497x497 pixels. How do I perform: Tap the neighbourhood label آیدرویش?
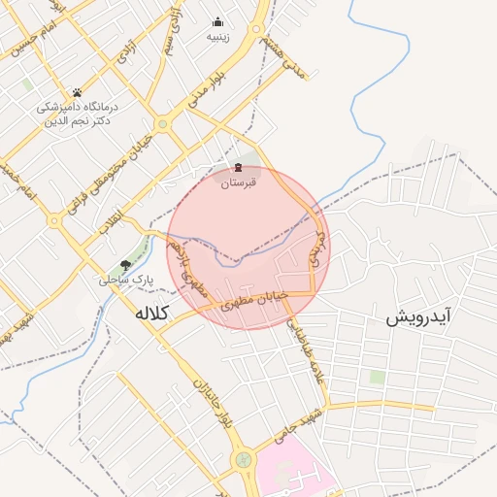point(421,317)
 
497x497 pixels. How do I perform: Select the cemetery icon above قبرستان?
point(238,168)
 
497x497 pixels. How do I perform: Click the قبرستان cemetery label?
point(238,182)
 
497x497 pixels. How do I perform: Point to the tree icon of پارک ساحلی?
point(125,265)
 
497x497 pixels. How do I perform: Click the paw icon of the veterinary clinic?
point(77,93)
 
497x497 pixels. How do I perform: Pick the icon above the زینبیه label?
point(217,21)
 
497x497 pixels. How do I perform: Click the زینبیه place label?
point(217,37)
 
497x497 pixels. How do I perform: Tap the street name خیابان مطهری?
point(257,301)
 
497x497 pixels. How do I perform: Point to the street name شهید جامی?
point(296,428)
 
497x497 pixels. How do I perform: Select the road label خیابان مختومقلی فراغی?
point(99,175)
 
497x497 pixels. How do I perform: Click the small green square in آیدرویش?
point(376,377)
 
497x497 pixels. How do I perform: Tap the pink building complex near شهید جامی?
point(291,471)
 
